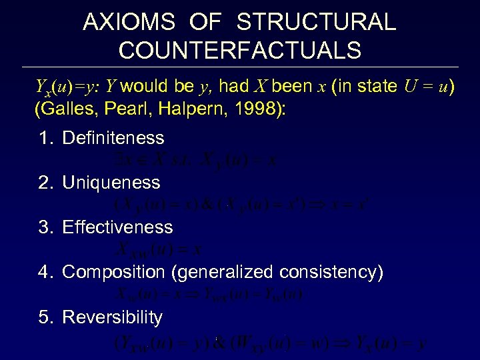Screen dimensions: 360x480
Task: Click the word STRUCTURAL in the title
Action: (x=316, y=22)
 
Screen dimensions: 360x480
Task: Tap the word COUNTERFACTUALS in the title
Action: (x=240, y=50)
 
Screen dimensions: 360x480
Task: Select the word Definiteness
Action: (x=113, y=138)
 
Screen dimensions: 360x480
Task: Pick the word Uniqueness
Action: (x=111, y=183)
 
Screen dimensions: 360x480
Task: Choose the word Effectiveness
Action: (x=117, y=227)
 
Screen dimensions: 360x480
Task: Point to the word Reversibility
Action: (x=112, y=317)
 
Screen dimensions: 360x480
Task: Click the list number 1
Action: (x=44, y=138)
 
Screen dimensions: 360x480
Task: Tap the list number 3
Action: (x=44, y=227)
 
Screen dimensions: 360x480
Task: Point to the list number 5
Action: (x=44, y=317)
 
